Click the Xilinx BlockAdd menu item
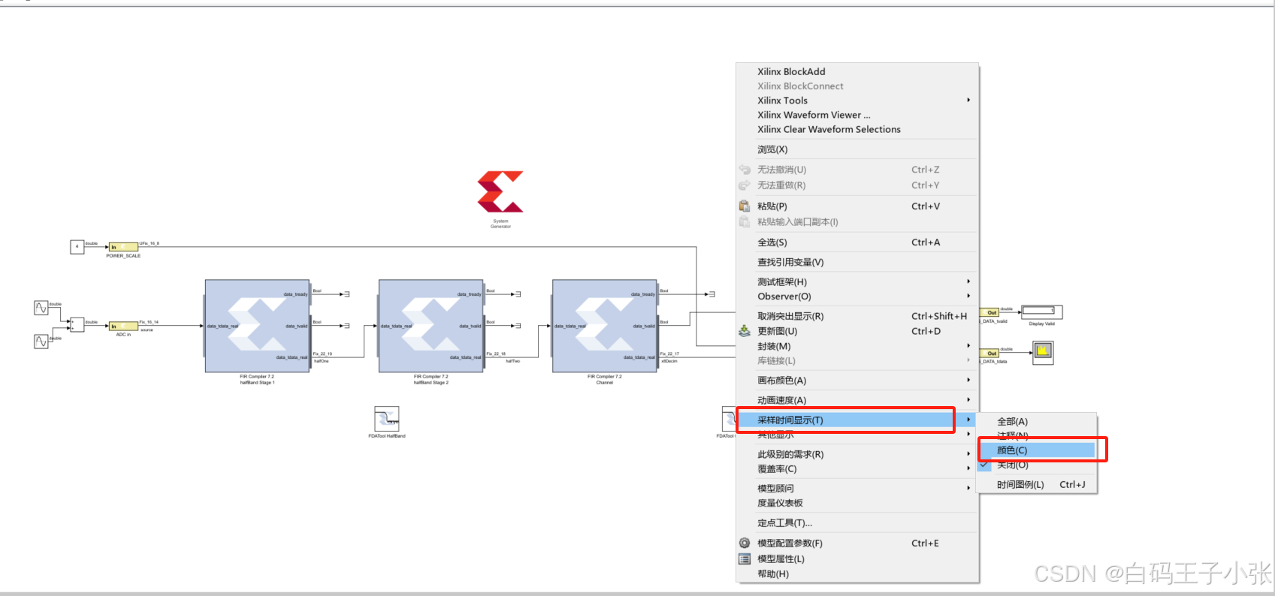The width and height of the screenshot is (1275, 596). [x=791, y=72]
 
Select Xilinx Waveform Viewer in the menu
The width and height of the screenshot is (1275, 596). [x=814, y=115]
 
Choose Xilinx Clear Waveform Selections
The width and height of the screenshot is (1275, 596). [x=829, y=129]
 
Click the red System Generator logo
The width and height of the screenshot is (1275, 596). [x=500, y=191]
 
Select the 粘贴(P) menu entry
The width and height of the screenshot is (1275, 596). [x=772, y=206]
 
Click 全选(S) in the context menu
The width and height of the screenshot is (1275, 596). [x=772, y=242]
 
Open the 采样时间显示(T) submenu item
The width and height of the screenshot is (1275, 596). [x=790, y=420]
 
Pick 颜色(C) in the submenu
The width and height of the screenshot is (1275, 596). [x=1012, y=450]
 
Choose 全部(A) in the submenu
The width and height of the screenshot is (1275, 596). [x=1012, y=422]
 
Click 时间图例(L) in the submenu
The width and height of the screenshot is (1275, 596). [x=1020, y=485]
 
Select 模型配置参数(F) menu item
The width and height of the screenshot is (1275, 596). [x=790, y=543]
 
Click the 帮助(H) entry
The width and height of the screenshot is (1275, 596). [x=773, y=574]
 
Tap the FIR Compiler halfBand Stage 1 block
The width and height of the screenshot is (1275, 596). [x=257, y=326]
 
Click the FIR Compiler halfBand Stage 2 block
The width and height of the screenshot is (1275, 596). [x=431, y=326]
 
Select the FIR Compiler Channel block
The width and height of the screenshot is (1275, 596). [x=604, y=326]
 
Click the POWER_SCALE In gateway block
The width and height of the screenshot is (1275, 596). [x=123, y=247]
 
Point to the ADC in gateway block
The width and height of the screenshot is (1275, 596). [x=123, y=327]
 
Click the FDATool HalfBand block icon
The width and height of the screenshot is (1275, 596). [x=386, y=419]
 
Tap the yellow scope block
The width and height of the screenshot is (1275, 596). [x=1043, y=352]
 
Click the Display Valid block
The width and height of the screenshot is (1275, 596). [x=1042, y=312]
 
